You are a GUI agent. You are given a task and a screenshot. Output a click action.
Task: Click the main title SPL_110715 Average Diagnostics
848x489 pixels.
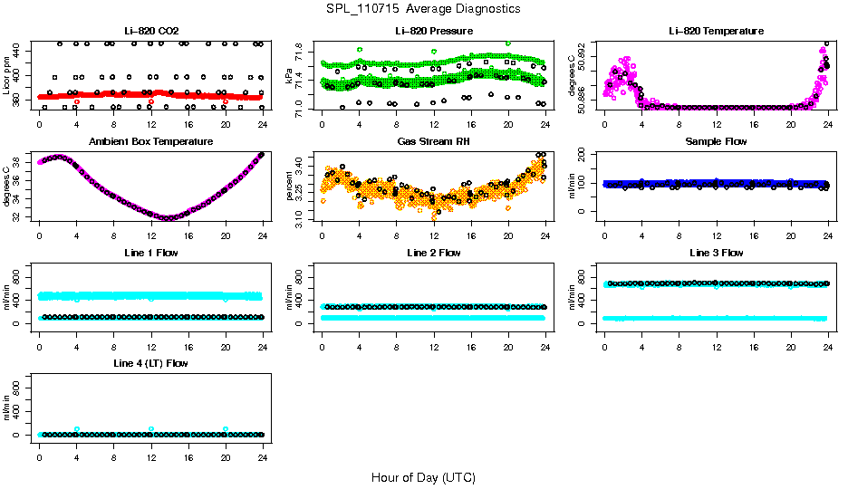point(423,8)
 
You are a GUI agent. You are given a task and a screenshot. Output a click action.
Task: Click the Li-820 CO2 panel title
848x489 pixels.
point(150,31)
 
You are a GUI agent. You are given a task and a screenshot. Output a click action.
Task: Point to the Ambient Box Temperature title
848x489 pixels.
point(150,142)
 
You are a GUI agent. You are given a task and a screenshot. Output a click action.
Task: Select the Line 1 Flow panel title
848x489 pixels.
point(150,253)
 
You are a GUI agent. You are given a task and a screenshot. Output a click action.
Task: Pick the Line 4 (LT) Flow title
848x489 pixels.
point(150,363)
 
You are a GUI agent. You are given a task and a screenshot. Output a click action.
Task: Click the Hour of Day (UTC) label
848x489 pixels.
point(423,477)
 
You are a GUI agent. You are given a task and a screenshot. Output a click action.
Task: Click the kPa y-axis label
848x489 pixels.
point(290,75)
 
